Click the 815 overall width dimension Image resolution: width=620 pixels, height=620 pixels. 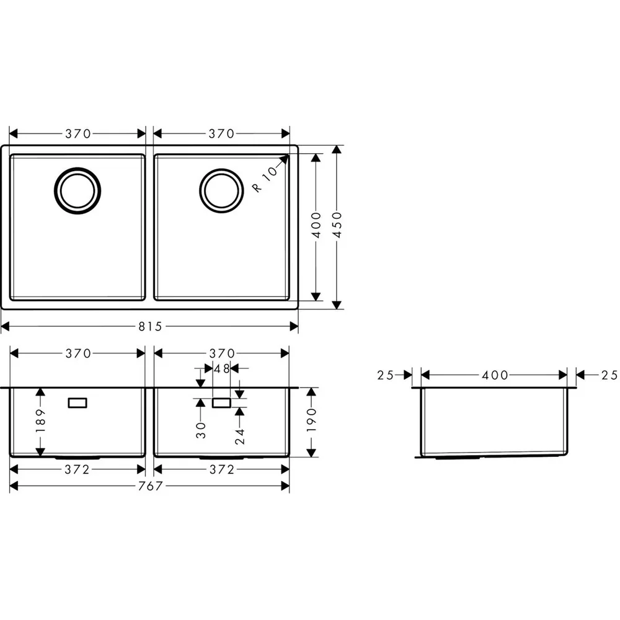tap(150, 327)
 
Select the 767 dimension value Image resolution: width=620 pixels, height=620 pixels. tap(150, 486)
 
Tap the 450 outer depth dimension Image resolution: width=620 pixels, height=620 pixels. tap(337, 225)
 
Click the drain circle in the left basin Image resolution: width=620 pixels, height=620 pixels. tap(77, 191)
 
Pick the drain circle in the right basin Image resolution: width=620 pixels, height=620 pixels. tap(221, 191)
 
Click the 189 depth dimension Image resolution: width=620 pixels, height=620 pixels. tap(41, 421)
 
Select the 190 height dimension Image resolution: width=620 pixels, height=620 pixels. tap(312, 420)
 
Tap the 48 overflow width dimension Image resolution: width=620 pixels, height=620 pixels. tap(221, 369)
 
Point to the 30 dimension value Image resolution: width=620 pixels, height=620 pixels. tap(201, 430)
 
